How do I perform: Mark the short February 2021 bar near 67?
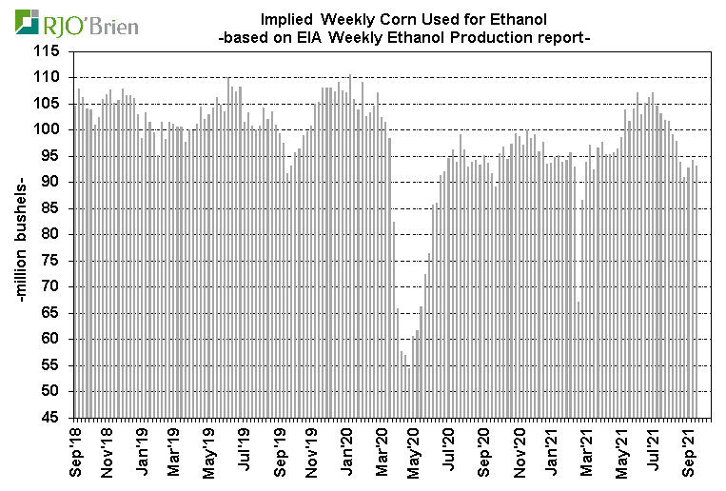[x=579, y=359]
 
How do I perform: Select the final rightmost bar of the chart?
[x=697, y=291]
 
